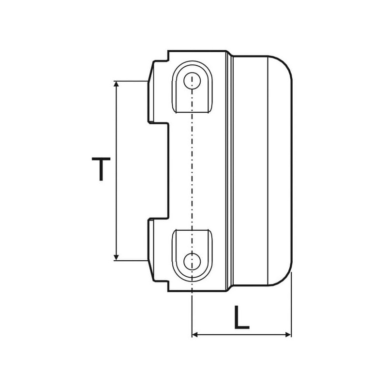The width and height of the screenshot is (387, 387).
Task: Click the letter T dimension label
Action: [x=101, y=169]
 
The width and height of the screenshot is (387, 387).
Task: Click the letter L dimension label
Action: [x=241, y=317]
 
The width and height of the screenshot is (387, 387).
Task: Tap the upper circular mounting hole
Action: [x=192, y=81]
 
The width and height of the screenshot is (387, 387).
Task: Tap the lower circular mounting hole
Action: [x=192, y=261]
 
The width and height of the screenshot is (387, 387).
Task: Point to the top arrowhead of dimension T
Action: [x=116, y=84]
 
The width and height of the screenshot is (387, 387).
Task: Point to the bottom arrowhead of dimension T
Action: [x=116, y=257]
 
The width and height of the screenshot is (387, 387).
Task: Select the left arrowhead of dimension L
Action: [x=195, y=335]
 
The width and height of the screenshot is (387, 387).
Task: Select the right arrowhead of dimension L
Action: [x=288, y=335]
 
